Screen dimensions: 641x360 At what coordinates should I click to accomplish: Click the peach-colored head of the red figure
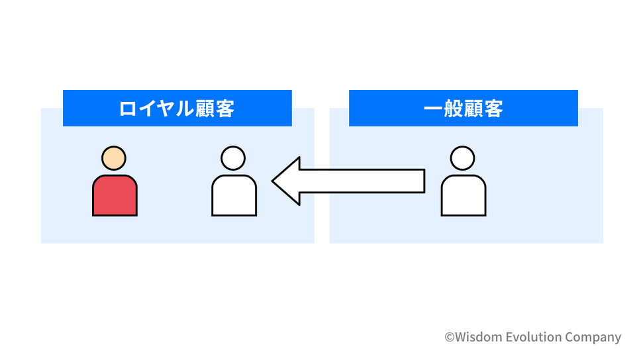(114, 158)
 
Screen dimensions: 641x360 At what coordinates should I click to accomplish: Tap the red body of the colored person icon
(115, 195)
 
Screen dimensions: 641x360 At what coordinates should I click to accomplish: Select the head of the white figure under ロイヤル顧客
(233, 158)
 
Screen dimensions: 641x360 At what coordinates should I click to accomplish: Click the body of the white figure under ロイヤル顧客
(234, 195)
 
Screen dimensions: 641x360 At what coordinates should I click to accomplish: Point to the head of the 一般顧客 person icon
(462, 158)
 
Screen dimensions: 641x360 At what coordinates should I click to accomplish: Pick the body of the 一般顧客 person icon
(464, 195)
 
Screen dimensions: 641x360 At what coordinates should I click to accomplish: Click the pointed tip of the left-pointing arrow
(272, 181)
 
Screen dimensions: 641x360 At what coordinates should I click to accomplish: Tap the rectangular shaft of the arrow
(362, 181)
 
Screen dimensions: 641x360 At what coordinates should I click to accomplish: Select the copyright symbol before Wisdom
(449, 337)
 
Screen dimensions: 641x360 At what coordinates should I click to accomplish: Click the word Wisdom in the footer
(478, 337)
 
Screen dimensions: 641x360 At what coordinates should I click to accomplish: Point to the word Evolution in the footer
(534, 337)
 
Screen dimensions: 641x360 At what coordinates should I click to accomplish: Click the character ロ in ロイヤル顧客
(127, 109)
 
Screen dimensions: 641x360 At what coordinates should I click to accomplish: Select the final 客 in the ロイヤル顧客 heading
(225, 109)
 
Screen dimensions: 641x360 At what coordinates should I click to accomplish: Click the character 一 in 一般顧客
(433, 109)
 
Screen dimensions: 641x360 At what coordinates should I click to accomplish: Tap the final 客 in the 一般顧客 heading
(493, 109)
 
